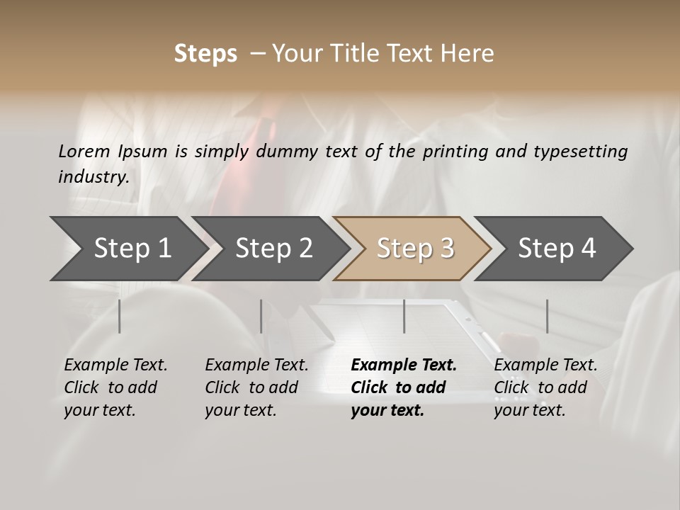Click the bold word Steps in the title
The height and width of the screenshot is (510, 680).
coord(205,54)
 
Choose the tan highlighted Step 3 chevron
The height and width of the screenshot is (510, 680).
coord(415,249)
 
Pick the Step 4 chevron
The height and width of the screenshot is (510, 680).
coord(557,249)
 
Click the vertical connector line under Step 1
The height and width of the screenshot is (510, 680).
coord(120,316)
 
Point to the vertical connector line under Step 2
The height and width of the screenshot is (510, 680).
coord(261,316)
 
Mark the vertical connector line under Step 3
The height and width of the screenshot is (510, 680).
coord(404,316)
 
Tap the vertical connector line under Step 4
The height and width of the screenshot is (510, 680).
coord(547,316)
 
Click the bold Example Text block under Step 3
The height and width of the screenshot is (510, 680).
coord(404,387)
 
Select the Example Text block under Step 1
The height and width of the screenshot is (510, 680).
coord(115,387)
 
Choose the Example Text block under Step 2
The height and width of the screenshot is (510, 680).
coord(256,387)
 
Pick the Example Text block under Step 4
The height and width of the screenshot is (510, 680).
coord(545,387)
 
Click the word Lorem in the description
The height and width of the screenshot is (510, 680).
coord(84,151)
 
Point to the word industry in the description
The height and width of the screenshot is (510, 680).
coord(93,177)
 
